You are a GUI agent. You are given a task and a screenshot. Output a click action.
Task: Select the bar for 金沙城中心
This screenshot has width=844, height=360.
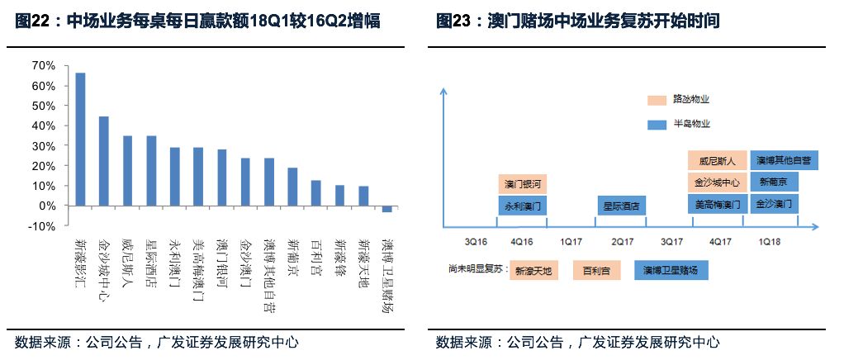click(104, 161)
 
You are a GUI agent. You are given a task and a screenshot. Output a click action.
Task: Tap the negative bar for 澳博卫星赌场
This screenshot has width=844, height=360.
click(386, 209)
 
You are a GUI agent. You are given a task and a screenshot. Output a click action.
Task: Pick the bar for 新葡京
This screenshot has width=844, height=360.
click(292, 187)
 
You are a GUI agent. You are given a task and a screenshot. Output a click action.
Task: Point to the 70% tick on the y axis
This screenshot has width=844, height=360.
click(43, 65)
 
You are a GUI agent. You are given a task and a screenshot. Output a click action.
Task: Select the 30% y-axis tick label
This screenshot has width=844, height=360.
click(43, 145)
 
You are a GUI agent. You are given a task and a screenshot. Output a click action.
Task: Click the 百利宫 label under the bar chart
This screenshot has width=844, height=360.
click(315, 255)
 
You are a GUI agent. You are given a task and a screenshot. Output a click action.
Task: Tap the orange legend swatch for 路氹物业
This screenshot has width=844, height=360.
click(657, 100)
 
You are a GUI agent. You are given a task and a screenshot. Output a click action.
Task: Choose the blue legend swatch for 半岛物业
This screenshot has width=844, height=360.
click(657, 124)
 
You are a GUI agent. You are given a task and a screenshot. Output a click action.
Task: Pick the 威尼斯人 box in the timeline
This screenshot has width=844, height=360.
click(717, 160)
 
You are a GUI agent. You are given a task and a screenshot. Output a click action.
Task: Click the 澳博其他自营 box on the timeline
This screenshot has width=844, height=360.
click(783, 159)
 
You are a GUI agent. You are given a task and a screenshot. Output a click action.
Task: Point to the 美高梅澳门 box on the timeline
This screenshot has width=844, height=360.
click(717, 204)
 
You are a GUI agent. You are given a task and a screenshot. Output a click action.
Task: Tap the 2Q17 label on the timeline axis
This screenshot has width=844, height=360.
click(622, 242)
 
